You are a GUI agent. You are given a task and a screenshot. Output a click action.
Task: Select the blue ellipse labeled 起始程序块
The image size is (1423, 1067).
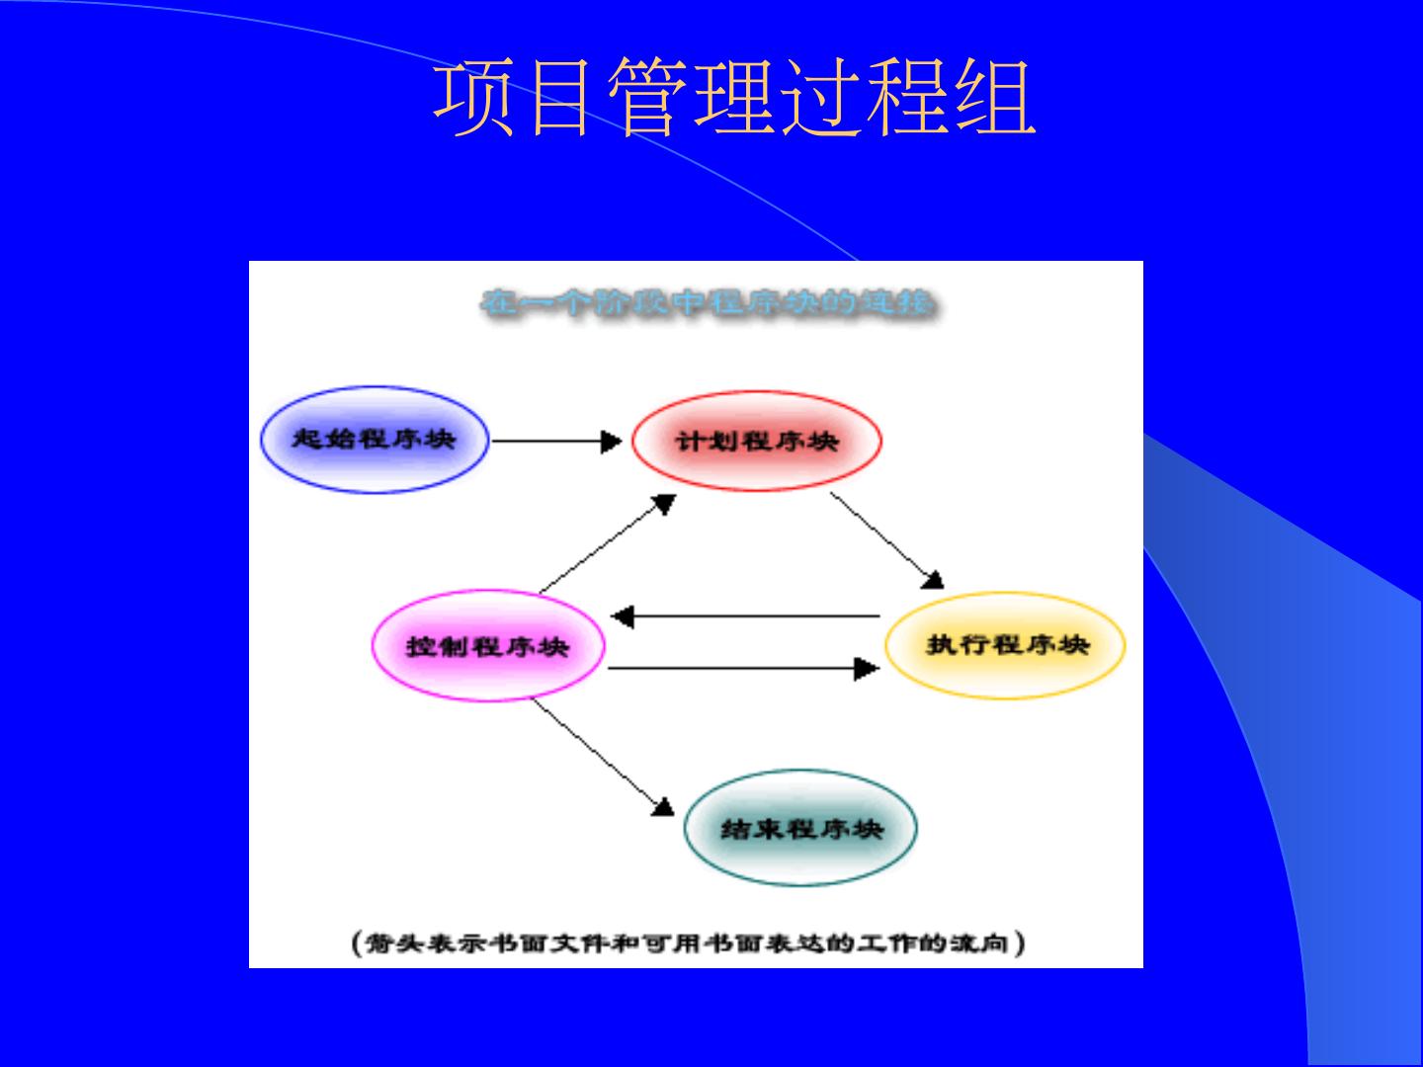point(375,440)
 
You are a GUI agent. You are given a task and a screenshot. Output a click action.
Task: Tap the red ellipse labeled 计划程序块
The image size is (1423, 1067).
point(756,441)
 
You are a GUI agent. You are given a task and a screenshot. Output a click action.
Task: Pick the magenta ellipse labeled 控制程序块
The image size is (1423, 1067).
point(487,647)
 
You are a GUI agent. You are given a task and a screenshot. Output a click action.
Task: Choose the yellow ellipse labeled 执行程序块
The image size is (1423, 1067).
point(1005,645)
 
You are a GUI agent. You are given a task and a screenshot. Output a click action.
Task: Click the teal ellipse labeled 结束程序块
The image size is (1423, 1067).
point(800,828)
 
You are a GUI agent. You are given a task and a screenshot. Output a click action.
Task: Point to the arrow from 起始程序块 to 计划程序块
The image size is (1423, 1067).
point(555,441)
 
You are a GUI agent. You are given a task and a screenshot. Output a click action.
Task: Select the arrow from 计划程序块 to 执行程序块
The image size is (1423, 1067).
point(885,539)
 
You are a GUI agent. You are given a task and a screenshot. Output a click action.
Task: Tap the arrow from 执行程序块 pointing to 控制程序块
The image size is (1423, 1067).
point(746,617)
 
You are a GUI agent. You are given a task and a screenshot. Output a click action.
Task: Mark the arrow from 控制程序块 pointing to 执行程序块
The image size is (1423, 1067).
point(742,669)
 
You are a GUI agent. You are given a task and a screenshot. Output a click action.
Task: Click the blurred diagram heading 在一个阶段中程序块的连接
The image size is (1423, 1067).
point(706,302)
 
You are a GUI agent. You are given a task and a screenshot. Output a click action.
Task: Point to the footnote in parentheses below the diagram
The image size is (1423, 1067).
point(689,943)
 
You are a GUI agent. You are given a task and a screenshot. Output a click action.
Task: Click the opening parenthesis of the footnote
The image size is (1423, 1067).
point(358,943)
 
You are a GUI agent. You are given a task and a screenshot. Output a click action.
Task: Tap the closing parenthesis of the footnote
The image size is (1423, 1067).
point(1020,943)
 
